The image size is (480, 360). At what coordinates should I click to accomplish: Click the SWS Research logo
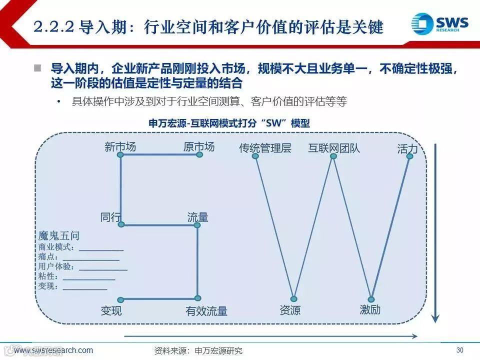click(440, 23)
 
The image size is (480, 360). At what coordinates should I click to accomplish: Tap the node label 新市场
click(120, 146)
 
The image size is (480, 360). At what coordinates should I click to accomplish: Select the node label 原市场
click(199, 146)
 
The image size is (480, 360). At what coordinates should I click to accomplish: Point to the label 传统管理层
click(265, 148)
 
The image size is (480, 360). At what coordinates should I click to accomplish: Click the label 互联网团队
click(334, 148)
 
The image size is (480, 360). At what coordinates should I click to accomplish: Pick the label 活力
click(407, 148)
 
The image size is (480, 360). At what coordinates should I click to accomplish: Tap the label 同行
click(110, 217)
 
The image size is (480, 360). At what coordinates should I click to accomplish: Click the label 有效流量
click(206, 311)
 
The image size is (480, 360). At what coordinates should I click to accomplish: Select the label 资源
click(290, 310)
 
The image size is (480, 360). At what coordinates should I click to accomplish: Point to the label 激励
click(370, 309)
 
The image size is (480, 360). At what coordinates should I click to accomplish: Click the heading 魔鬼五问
click(58, 235)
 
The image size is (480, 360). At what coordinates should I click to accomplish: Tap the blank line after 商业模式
click(101, 249)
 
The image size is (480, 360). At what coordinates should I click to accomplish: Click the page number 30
click(460, 349)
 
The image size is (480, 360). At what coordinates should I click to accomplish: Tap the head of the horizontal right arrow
click(414, 336)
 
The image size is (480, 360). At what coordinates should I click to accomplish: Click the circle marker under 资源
click(294, 299)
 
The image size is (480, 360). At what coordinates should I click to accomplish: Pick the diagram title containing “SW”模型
click(229, 123)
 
